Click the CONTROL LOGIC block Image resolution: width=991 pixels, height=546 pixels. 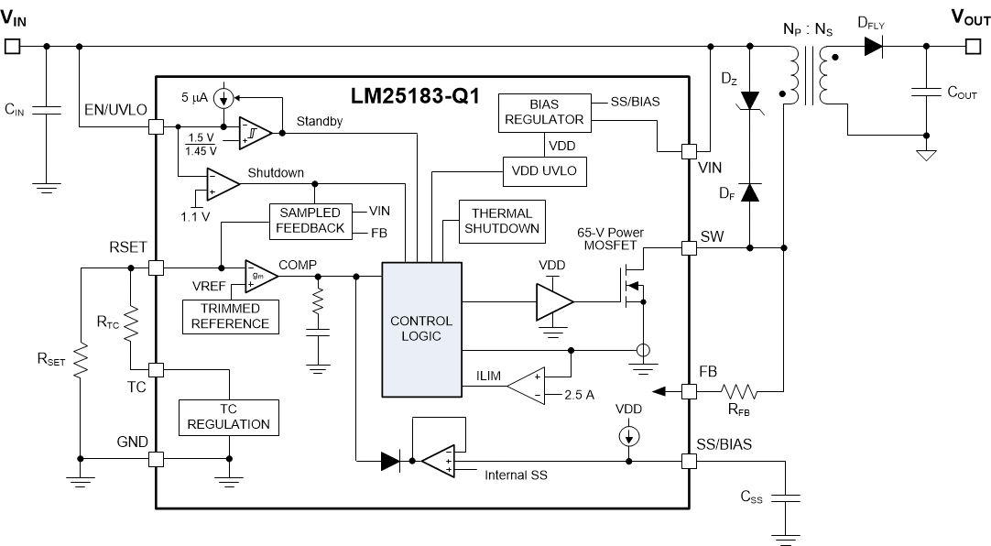coord(421,328)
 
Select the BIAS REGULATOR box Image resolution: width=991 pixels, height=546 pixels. coord(543,112)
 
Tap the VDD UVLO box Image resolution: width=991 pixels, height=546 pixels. coord(543,171)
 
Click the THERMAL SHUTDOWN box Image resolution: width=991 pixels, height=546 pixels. coord(501,221)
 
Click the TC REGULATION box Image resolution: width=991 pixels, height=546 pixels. coord(228,417)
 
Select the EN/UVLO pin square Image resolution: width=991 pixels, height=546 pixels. coord(156,129)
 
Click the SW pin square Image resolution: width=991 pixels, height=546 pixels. coord(688,247)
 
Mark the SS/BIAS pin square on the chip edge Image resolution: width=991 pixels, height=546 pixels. coord(688,459)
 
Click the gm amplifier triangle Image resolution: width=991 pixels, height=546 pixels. coord(258,274)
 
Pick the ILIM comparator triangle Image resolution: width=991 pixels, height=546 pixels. coord(525,385)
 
